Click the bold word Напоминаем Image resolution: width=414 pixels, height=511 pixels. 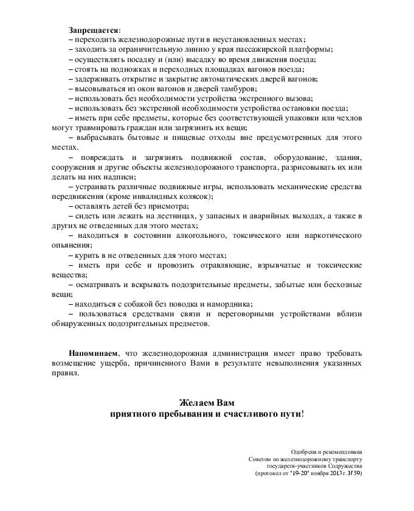pos(93,353)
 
